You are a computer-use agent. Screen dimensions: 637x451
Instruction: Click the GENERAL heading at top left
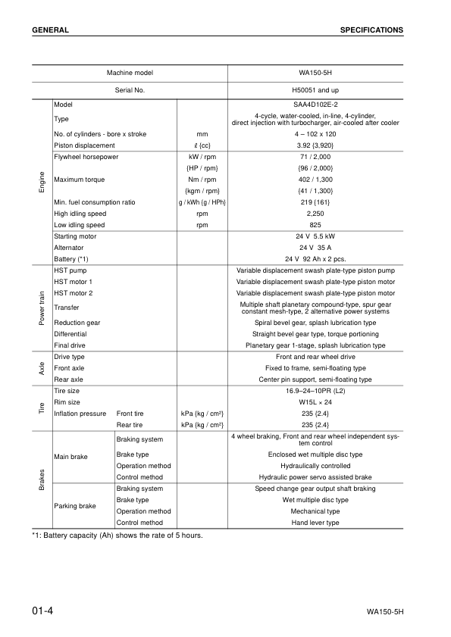[x=51, y=30]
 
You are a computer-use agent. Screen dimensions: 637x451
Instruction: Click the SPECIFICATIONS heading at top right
[x=371, y=30]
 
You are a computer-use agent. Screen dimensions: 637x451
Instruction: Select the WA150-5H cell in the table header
[x=315, y=73]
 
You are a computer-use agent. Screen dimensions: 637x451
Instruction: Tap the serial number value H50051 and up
[x=315, y=90]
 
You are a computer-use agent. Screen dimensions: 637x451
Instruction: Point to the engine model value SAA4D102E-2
[x=315, y=103]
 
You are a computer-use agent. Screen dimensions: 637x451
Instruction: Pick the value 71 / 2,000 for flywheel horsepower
[x=315, y=157]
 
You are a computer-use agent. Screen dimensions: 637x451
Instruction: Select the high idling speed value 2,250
[x=315, y=214]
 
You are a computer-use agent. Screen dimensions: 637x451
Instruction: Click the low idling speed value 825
[x=315, y=225]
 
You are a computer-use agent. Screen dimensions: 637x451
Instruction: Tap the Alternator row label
[x=68, y=248]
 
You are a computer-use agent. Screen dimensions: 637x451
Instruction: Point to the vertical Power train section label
[x=42, y=307]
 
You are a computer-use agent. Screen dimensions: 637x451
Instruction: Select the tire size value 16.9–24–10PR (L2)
[x=315, y=391]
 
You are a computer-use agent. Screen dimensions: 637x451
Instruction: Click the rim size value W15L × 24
[x=315, y=402]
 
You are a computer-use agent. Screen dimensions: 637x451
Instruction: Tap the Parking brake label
[x=75, y=506]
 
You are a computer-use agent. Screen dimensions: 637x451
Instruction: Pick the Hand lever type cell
[x=315, y=523]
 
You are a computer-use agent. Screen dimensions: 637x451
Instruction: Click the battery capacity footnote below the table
[x=117, y=536]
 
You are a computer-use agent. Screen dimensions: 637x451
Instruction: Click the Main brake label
[x=71, y=457]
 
